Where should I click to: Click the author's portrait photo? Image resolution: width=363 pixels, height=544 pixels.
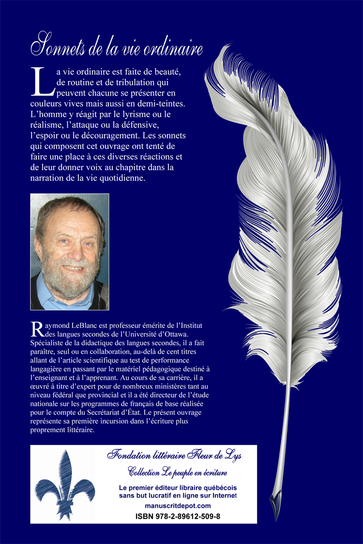tap(70, 251)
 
